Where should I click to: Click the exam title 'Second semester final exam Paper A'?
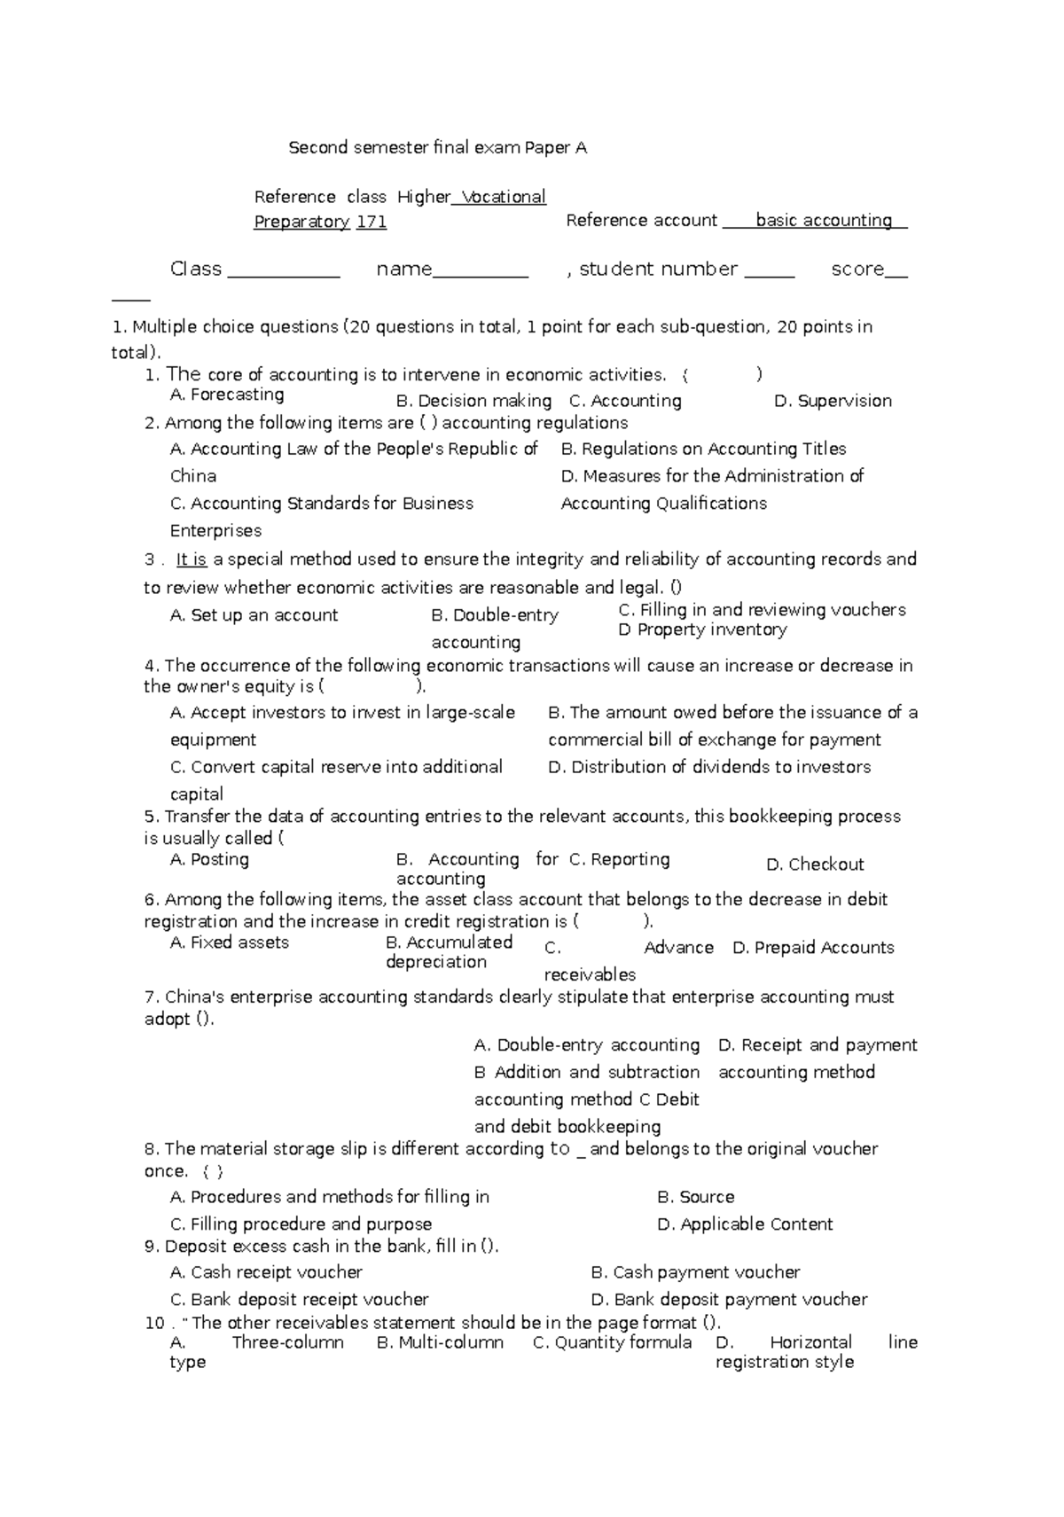(x=437, y=148)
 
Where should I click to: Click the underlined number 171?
(x=372, y=222)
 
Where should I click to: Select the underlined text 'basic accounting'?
(x=824, y=220)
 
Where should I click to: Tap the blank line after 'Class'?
(x=284, y=270)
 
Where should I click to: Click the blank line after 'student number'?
(x=769, y=270)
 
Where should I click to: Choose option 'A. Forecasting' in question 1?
(x=227, y=395)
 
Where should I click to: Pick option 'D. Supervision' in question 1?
(x=833, y=401)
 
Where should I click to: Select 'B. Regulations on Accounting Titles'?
(x=704, y=449)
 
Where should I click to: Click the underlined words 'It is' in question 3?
(x=192, y=559)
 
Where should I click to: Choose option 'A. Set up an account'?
(x=254, y=615)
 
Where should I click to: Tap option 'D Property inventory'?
(x=702, y=629)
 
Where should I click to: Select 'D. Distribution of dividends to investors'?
(x=709, y=767)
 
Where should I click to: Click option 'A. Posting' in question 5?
(x=209, y=859)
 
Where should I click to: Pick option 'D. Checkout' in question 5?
(x=814, y=864)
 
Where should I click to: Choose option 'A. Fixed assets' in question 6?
(x=230, y=942)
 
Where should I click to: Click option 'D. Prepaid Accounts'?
(x=813, y=948)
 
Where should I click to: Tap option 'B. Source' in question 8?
(x=696, y=1197)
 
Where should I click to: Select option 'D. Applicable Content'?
(x=745, y=1224)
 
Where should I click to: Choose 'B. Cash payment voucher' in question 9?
(x=695, y=1272)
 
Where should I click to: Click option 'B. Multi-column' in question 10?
(x=440, y=1342)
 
